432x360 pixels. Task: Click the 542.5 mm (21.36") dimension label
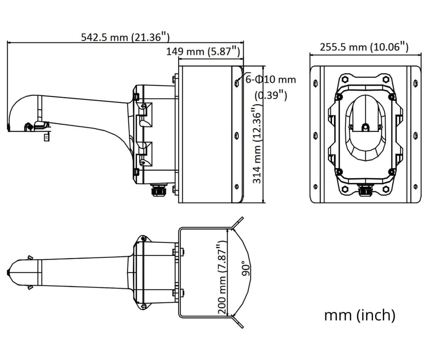[125, 37]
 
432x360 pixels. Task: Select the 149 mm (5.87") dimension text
[203, 51]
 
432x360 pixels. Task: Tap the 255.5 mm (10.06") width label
[364, 47]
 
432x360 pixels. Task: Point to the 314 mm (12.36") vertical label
[257, 143]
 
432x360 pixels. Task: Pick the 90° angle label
[246, 268]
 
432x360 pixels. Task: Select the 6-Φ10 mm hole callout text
[271, 80]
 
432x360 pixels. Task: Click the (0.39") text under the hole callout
[271, 95]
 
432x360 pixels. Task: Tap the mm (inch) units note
[360, 315]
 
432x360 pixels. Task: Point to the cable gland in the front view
[365, 190]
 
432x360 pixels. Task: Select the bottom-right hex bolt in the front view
[386, 189]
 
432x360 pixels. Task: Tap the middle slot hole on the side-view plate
[237, 135]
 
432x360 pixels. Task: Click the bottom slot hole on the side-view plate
[237, 187]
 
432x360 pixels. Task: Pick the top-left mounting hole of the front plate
[315, 83]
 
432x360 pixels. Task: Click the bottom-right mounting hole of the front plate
[416, 187]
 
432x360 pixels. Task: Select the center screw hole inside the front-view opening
[365, 127]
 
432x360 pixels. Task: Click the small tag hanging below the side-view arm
[46, 137]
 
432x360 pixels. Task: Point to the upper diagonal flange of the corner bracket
[238, 223]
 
